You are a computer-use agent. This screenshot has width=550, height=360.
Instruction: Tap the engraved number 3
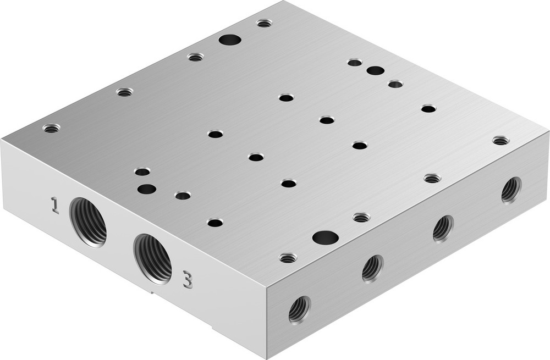click(188, 280)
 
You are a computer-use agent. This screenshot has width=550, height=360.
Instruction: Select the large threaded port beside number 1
click(89, 221)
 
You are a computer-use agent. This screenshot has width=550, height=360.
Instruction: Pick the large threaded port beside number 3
click(153, 257)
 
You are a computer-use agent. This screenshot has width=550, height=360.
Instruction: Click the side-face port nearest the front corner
click(299, 309)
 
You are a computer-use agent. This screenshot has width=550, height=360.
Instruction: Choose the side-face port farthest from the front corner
click(510, 190)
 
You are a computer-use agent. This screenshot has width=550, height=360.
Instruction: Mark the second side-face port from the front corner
click(372, 268)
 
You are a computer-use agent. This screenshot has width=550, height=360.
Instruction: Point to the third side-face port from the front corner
click(442, 228)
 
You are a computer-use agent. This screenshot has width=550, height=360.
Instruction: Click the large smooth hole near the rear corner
click(230, 40)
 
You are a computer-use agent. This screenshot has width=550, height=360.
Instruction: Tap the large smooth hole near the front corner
click(325, 237)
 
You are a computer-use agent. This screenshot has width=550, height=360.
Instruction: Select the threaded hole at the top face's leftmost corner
click(51, 128)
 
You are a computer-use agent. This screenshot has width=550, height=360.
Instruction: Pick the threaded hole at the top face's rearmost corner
click(265, 23)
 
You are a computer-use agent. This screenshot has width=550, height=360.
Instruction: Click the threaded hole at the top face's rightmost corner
click(501, 141)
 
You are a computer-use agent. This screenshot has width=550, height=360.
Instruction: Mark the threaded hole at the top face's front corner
click(288, 257)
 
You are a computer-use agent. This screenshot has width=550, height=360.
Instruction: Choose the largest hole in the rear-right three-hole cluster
click(375, 70)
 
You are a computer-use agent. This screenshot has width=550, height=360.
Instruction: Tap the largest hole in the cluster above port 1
click(146, 189)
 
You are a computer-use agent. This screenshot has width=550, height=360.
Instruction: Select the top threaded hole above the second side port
click(361, 218)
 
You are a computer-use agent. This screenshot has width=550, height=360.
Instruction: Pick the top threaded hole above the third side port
click(432, 178)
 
